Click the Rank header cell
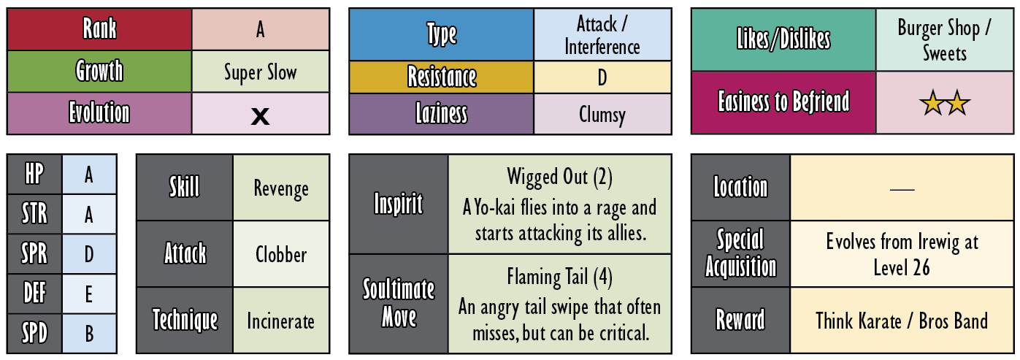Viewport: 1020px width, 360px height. click(x=99, y=28)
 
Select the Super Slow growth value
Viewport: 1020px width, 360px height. click(x=261, y=72)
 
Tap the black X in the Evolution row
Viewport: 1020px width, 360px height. click(x=260, y=116)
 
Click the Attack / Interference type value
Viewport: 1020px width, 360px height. click(x=602, y=34)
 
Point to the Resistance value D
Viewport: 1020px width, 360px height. click(x=602, y=77)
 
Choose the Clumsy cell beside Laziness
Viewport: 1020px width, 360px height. click(x=602, y=114)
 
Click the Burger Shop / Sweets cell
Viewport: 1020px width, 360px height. click(x=944, y=39)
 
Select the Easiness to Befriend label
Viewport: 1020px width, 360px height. click(x=783, y=102)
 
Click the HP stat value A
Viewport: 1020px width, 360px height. click(x=89, y=175)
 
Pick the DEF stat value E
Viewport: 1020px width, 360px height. click(x=89, y=294)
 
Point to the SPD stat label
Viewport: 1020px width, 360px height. click(x=34, y=334)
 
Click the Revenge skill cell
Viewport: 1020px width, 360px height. click(x=281, y=188)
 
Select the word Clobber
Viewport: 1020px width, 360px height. click(x=281, y=254)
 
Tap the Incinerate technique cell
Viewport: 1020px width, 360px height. click(x=281, y=321)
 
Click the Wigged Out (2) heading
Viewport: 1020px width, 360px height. click(x=559, y=177)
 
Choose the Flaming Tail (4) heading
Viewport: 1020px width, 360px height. click(x=559, y=277)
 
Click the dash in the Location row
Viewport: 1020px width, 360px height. click(x=902, y=189)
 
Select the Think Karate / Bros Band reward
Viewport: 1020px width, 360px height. click(x=902, y=321)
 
